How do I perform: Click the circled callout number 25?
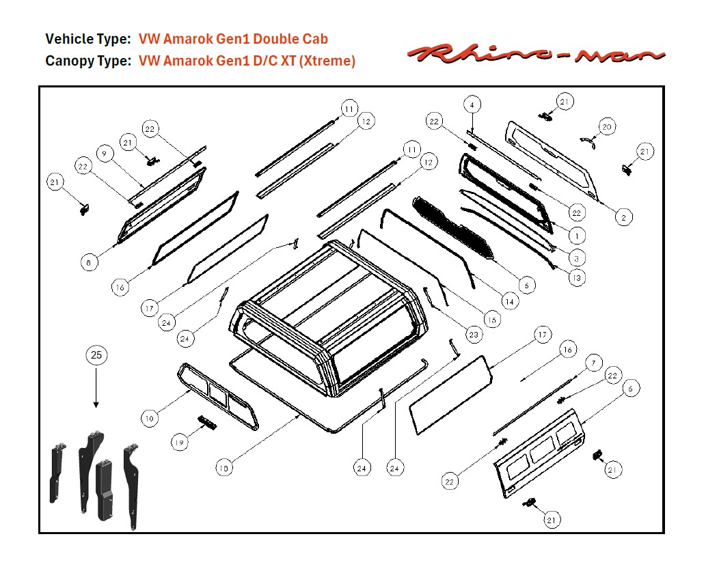click(96, 355)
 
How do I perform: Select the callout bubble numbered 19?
click(180, 443)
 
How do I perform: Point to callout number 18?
click(223, 469)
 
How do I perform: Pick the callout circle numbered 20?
click(607, 126)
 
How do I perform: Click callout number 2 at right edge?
click(623, 217)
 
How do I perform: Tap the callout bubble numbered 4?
click(472, 105)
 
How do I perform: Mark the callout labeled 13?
click(578, 278)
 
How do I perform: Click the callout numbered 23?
click(474, 335)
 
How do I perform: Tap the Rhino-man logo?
click(537, 53)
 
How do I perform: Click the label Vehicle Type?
click(87, 39)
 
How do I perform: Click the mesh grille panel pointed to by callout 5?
click(455, 225)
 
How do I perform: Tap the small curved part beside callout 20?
click(586, 139)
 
